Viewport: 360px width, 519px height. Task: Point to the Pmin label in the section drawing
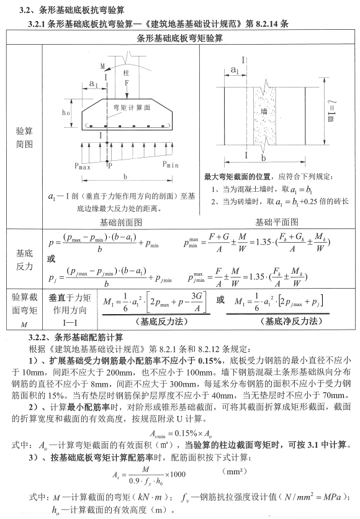[173, 165]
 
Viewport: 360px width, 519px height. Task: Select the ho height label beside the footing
[66, 114]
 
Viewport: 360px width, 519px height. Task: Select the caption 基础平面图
[277, 222]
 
